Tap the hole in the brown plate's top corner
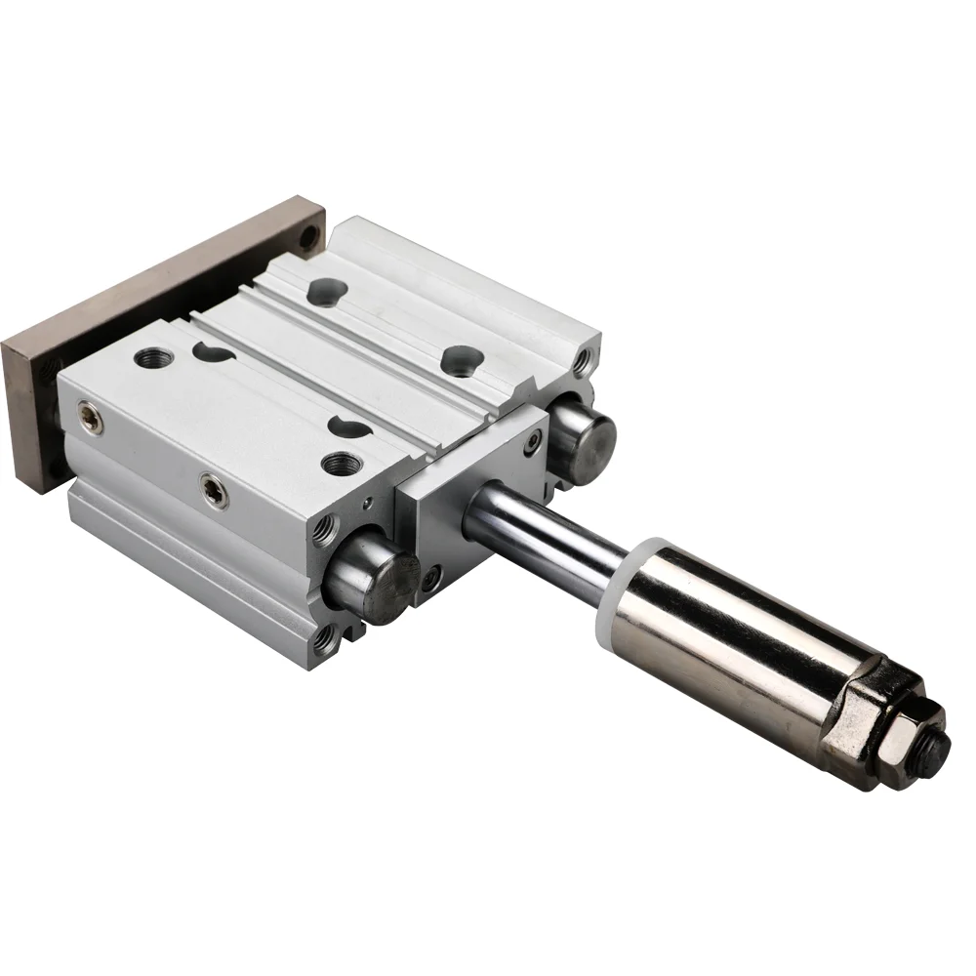point(309,235)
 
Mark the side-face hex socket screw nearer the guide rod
point(213,490)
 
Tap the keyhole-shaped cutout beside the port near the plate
point(210,350)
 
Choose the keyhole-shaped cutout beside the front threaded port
point(346,426)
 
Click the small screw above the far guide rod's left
point(533,441)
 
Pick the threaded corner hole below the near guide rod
point(325,639)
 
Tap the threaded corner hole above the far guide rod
point(583,363)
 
